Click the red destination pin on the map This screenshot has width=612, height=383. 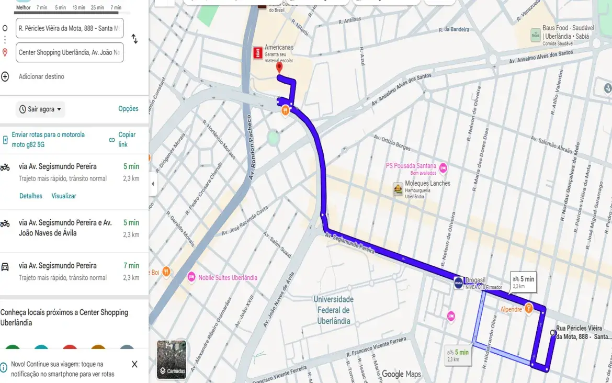(279, 67)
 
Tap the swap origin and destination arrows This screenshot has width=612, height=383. (134, 39)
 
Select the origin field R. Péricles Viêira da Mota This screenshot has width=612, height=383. (70, 28)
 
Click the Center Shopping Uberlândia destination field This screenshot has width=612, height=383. (70, 52)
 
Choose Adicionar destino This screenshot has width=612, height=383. (41, 76)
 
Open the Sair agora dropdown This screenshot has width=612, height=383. (40, 109)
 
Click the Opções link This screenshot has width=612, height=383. (128, 109)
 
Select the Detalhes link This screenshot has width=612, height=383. (31, 196)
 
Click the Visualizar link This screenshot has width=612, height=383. (64, 196)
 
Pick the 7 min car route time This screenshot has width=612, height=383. (131, 266)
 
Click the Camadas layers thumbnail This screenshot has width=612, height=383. (172, 359)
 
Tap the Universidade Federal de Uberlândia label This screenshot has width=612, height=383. (333, 310)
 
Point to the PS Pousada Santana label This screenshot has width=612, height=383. (411, 166)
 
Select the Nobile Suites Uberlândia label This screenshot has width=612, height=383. (228, 278)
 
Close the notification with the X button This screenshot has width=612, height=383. (134, 364)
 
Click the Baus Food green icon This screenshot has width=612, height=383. (535, 35)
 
